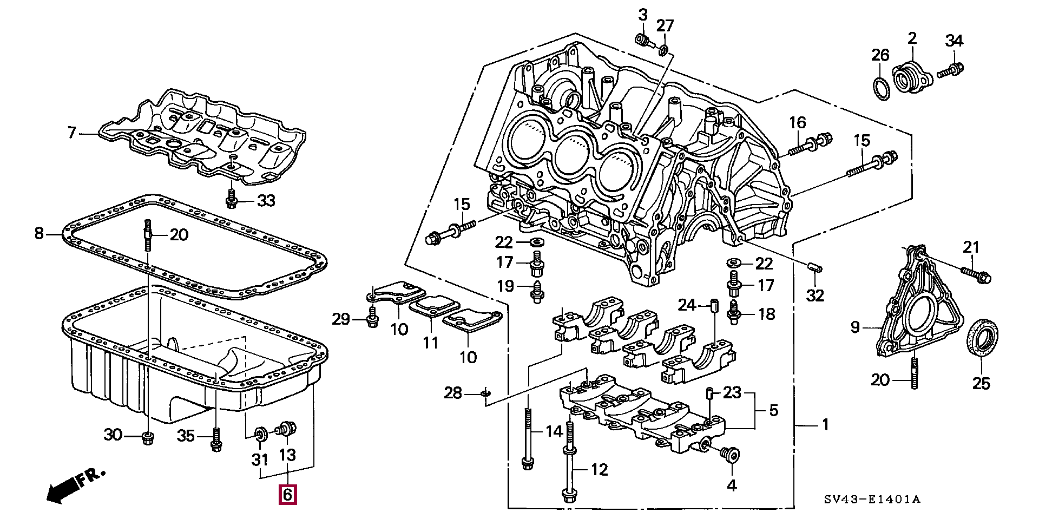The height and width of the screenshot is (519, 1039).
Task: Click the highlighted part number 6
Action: pos(287,495)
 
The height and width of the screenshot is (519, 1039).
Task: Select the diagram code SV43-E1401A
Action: pos(872,500)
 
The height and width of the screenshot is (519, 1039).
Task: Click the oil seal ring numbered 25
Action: pos(982,345)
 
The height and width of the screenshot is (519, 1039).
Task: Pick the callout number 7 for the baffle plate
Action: pos(72,132)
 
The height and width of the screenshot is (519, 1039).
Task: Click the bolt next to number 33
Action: pos(232,200)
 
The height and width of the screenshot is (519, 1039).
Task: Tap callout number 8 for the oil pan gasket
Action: pos(39,233)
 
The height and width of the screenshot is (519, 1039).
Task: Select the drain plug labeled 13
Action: pos(287,430)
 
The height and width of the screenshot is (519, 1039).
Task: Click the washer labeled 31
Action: pos(260,433)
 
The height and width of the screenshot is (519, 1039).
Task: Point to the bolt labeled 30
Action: pos(147,437)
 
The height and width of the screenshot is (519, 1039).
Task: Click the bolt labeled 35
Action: pos(216,439)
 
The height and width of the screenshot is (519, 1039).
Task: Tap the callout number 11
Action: pos(430,343)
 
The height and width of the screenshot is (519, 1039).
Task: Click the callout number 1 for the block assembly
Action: pos(825,425)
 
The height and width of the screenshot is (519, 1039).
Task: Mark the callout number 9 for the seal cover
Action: pos(855,327)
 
